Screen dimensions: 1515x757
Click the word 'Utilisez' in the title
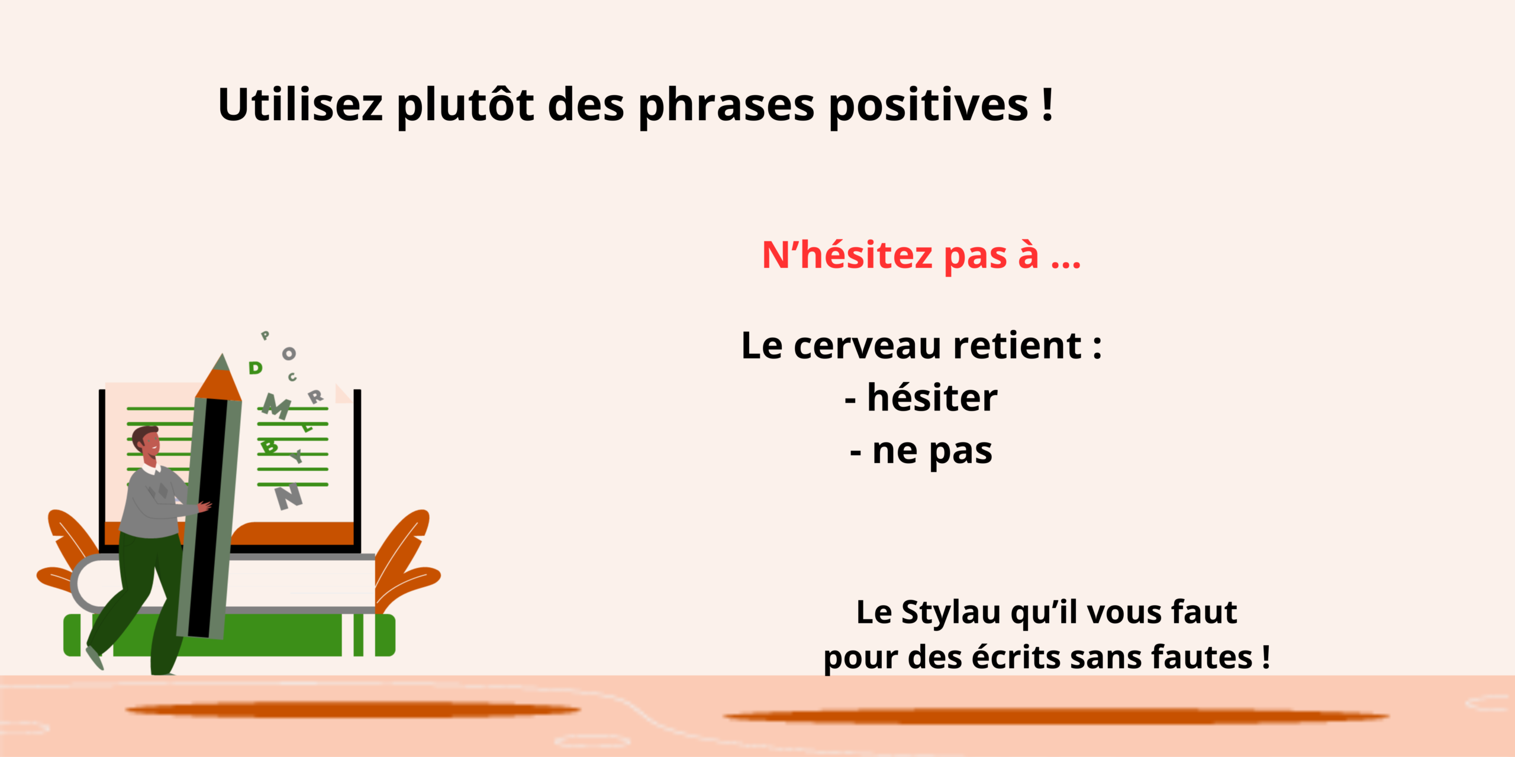coord(301,105)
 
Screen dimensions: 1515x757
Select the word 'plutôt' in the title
coord(465,106)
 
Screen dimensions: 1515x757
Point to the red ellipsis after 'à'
coord(1066,264)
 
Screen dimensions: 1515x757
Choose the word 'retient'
coord(1018,345)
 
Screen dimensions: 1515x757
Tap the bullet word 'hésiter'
coord(932,397)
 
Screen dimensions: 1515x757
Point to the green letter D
coord(255,368)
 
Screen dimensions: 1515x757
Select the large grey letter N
coord(289,497)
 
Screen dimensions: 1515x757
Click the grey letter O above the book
coord(289,354)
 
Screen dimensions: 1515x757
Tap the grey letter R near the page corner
coord(316,397)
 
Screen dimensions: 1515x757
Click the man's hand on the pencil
coord(204,507)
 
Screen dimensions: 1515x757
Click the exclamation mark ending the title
coord(1047,104)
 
